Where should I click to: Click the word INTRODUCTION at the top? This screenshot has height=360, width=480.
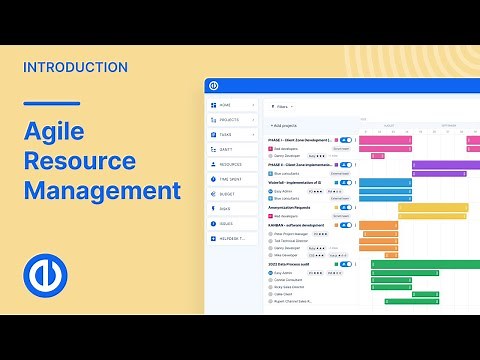(74, 67)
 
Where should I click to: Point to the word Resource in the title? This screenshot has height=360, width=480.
(89, 160)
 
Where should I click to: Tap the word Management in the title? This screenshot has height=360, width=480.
(102, 190)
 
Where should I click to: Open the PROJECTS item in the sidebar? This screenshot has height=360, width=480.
(229, 119)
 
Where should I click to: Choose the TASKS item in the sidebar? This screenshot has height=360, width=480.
(225, 134)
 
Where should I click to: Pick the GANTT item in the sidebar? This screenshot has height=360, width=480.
(225, 149)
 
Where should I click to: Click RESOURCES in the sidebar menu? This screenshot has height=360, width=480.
(230, 164)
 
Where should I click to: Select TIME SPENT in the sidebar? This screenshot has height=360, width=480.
(231, 179)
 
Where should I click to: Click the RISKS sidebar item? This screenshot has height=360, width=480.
(225, 209)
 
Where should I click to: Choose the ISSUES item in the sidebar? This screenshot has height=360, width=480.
(226, 224)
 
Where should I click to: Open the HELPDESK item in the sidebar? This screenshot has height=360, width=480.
(231, 239)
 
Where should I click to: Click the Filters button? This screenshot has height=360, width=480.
(282, 105)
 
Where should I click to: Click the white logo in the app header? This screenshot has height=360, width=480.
(214, 86)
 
